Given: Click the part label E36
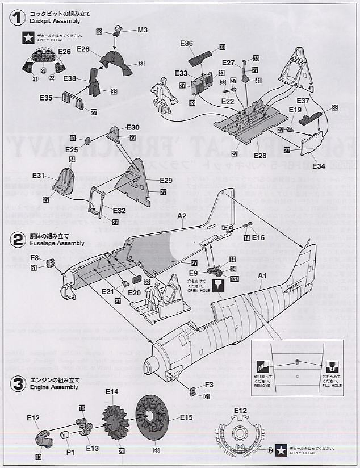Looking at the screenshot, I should click(187, 43).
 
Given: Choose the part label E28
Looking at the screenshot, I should click(259, 155).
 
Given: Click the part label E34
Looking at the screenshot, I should click(319, 166).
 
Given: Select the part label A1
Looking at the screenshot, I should click(262, 276).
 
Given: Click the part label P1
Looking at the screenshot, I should click(70, 452).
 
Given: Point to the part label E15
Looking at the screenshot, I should click(187, 417).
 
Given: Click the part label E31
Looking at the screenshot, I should click(39, 175).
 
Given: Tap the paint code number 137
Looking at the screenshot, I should click(235, 279).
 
